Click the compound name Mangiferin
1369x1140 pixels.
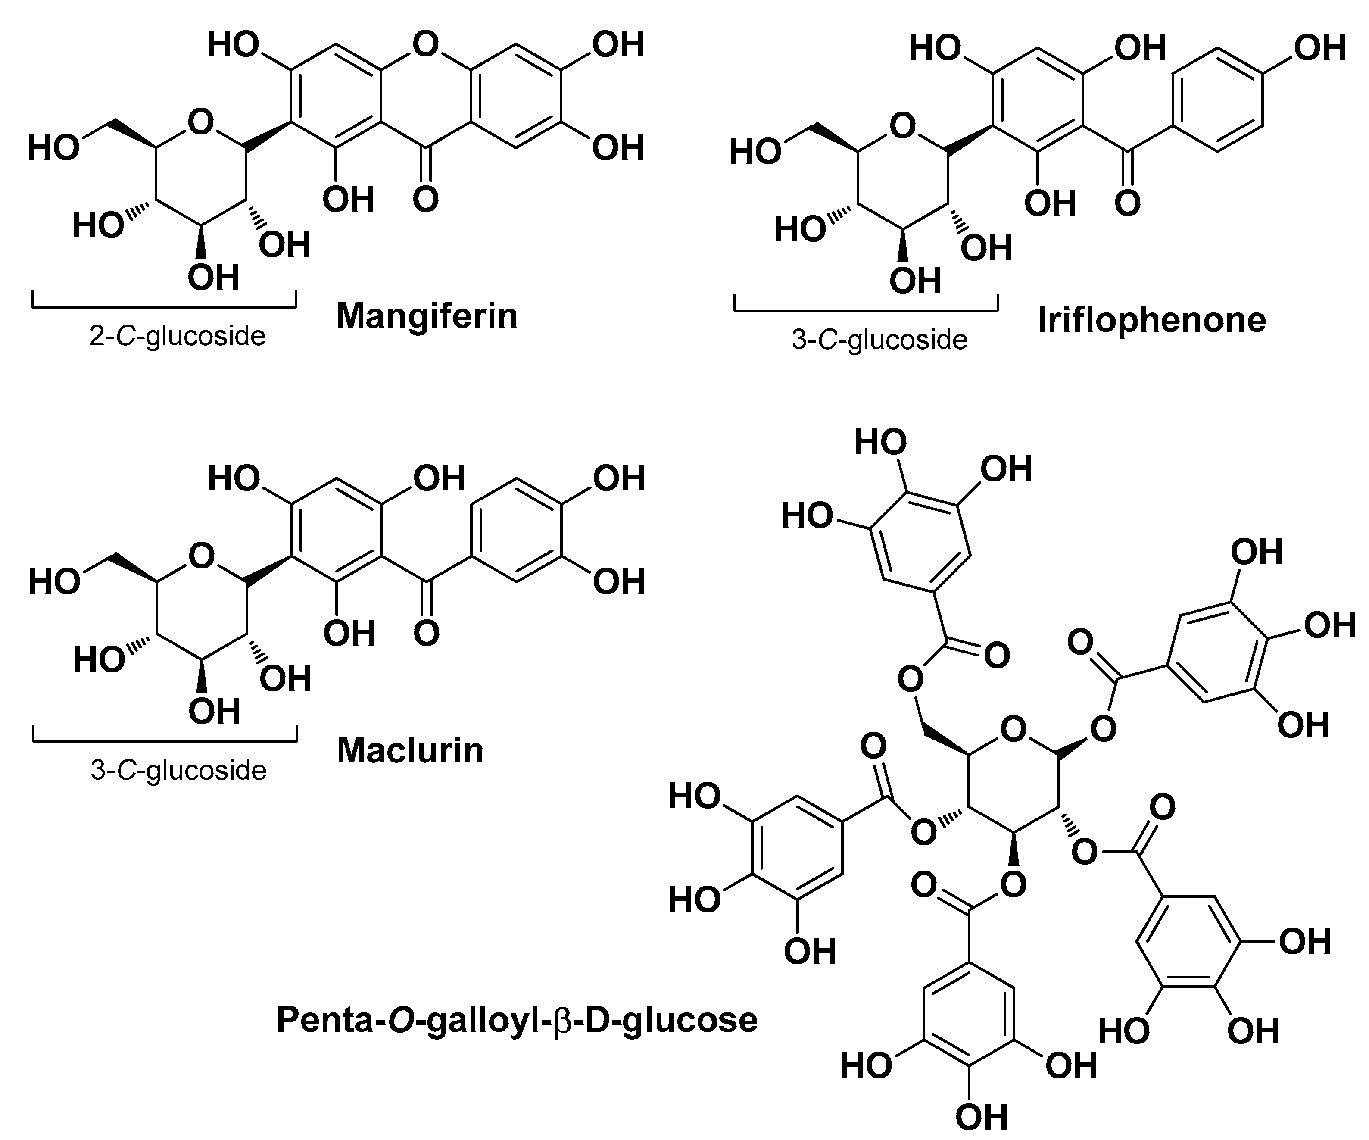click(427, 316)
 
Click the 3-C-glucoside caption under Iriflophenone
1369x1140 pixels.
click(879, 340)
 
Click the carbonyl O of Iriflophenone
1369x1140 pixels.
click(1128, 202)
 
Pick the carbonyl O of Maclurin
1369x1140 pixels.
click(426, 633)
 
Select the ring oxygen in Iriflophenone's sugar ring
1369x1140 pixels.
click(902, 126)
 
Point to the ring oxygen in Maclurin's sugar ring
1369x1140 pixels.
click(201, 556)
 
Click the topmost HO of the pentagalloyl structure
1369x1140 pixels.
click(880, 442)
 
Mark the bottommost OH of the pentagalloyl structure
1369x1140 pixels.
click(981, 1117)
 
